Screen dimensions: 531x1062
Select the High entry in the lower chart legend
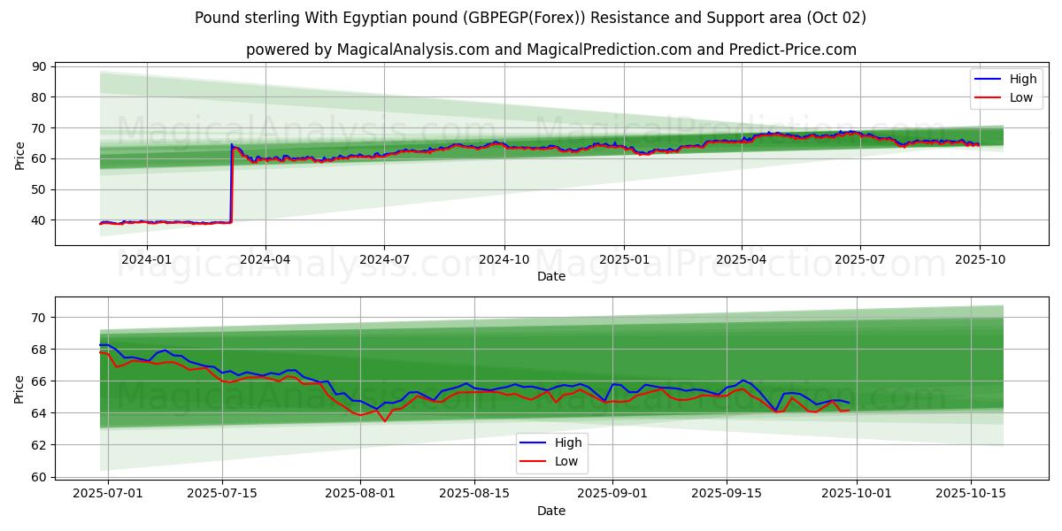(568, 443)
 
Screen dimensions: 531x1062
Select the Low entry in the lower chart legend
(566, 461)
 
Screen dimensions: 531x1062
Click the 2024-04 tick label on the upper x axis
(265, 259)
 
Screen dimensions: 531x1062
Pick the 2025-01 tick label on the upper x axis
(624, 259)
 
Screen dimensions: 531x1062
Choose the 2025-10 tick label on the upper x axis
(980, 259)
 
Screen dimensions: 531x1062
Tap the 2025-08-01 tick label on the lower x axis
(360, 493)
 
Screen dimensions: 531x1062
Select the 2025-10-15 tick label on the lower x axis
(971, 493)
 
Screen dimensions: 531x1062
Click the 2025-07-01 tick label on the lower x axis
(108, 493)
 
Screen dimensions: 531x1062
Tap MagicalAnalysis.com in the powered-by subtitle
(413, 50)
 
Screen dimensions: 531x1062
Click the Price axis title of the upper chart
(19, 155)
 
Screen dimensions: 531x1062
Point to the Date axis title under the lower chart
(550, 511)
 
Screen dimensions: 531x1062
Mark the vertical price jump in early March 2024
(231, 181)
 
